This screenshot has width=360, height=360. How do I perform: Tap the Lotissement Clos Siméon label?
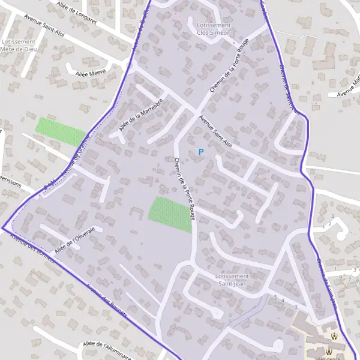pos(213,29)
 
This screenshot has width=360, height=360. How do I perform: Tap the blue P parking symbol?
pos(201,152)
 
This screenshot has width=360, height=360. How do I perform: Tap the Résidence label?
pos(329,358)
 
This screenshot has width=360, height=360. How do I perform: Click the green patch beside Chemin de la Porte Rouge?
pos(170,214)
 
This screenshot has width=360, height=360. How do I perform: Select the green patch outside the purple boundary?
pos(60,132)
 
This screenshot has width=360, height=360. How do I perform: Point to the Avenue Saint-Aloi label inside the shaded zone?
pos(217,131)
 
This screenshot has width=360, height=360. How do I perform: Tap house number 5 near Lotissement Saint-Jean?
pos(275,297)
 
